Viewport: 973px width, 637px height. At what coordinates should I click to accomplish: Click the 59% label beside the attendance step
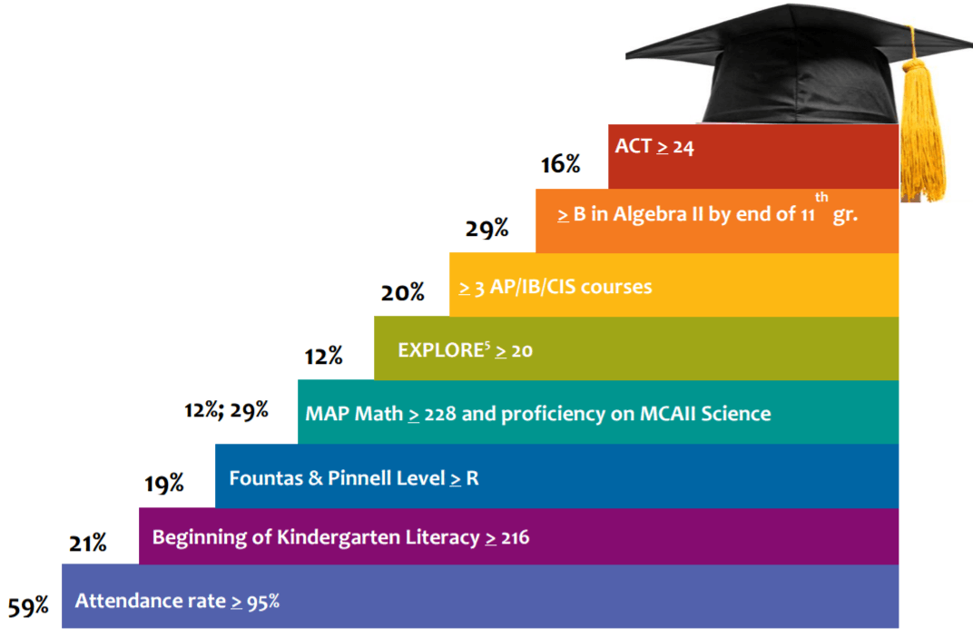tap(28, 606)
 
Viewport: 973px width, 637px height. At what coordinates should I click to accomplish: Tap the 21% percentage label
tap(87, 544)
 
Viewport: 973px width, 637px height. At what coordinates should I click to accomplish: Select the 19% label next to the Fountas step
tap(163, 484)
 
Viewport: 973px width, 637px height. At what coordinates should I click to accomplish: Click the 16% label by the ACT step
tap(560, 164)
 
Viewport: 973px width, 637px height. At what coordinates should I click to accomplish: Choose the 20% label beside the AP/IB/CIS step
tap(403, 292)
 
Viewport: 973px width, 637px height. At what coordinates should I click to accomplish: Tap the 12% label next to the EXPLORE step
tap(323, 357)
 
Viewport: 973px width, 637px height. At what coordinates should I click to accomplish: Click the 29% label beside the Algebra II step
tap(486, 229)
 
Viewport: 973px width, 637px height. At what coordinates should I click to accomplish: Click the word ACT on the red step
tap(634, 146)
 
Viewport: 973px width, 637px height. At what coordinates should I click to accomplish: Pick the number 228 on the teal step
tap(440, 415)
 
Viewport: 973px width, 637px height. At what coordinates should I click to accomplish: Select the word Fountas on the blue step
tap(265, 477)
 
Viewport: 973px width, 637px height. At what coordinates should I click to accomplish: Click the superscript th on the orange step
tap(821, 198)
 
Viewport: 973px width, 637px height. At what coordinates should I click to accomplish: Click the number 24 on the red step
tap(683, 147)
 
